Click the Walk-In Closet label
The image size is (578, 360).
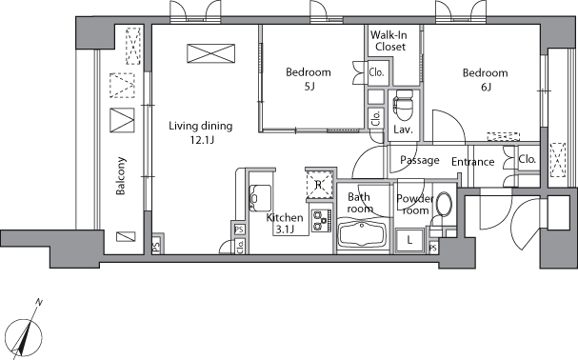(389, 41)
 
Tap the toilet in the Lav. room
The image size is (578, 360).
(404, 106)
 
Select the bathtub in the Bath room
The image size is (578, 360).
(362, 233)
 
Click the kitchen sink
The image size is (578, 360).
(260, 198)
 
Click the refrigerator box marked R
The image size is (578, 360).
(319, 185)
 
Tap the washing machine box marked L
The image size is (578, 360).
(409, 241)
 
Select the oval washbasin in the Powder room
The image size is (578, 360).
(444, 203)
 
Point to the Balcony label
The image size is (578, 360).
(121, 176)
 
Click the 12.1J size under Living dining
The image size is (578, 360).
(202, 140)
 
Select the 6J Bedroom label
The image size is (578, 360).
(486, 79)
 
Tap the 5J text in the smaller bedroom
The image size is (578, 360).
(309, 87)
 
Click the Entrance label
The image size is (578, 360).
(473, 162)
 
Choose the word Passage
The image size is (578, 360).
(420, 160)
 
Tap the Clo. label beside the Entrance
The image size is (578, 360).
(528, 159)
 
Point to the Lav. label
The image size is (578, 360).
(404, 130)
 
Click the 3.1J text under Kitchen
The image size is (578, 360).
(284, 230)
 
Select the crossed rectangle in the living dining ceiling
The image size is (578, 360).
(210, 53)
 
